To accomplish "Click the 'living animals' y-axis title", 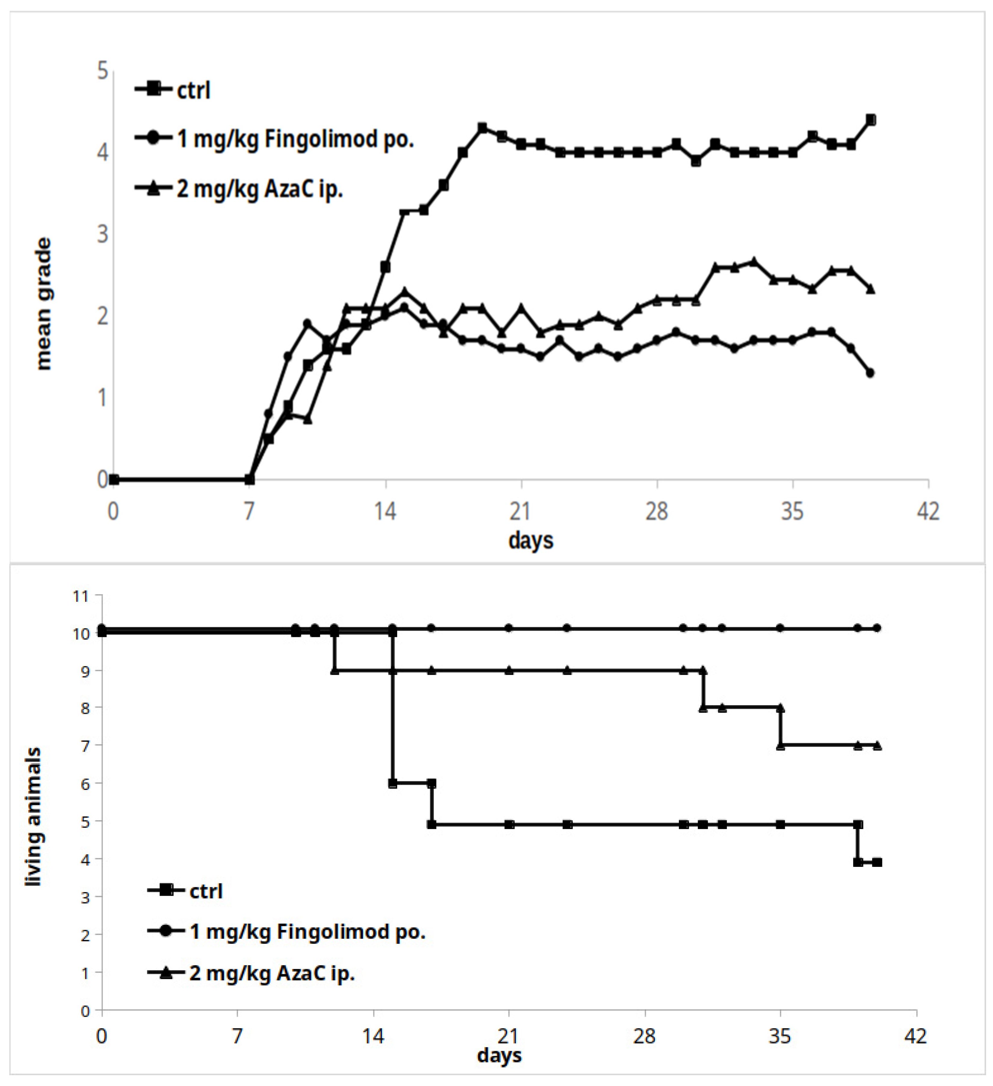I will (x=33, y=816).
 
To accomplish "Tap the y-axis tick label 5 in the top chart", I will (x=102, y=71).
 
